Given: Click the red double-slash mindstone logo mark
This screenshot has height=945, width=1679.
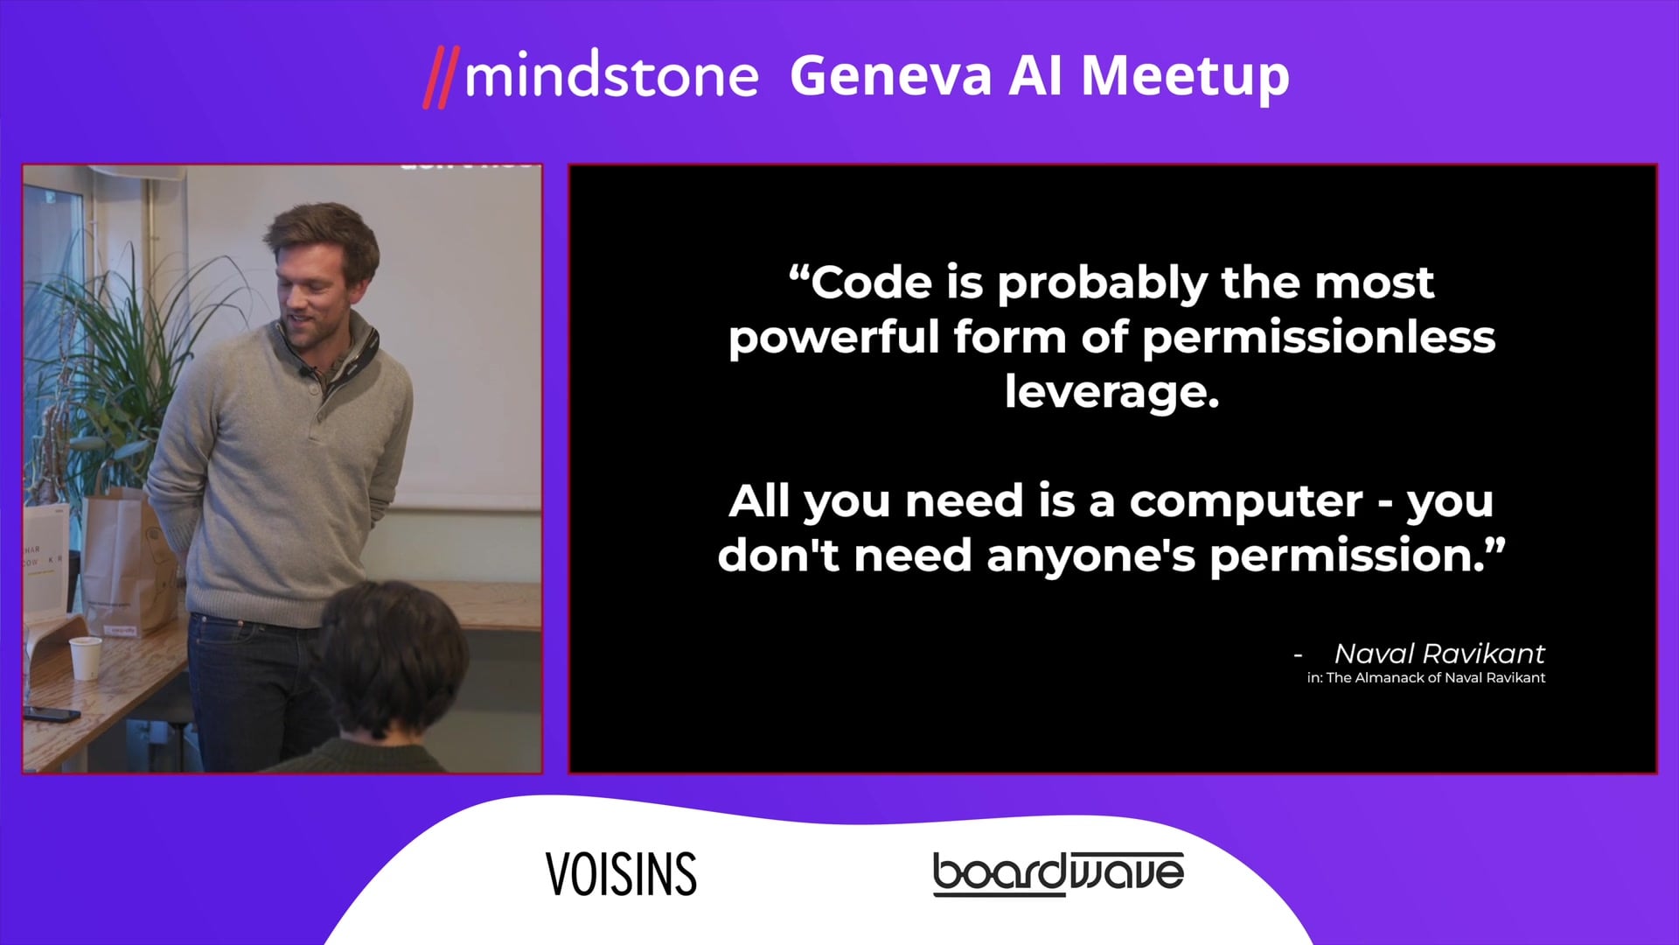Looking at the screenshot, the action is [x=441, y=79].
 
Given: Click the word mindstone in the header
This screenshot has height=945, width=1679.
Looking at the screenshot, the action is [x=611, y=76].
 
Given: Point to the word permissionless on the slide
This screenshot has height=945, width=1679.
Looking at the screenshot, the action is [x=1319, y=338].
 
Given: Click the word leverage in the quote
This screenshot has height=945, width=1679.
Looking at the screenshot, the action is [x=1111, y=391].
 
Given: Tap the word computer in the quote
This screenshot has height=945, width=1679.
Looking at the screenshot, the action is [x=1245, y=501].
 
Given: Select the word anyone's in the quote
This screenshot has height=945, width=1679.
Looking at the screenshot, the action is [x=1090, y=556].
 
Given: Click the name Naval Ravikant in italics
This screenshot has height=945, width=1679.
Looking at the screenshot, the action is [x=1439, y=654].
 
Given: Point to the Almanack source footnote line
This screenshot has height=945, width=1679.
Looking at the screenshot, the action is [x=1426, y=678].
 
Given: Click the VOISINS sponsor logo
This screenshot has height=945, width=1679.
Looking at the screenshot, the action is [x=621, y=874].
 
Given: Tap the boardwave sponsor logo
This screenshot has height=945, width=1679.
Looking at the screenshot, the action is [x=1058, y=874].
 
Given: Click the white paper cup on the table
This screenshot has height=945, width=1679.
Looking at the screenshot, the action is [x=85, y=658].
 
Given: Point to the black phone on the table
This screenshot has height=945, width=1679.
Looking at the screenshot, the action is [x=52, y=713].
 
